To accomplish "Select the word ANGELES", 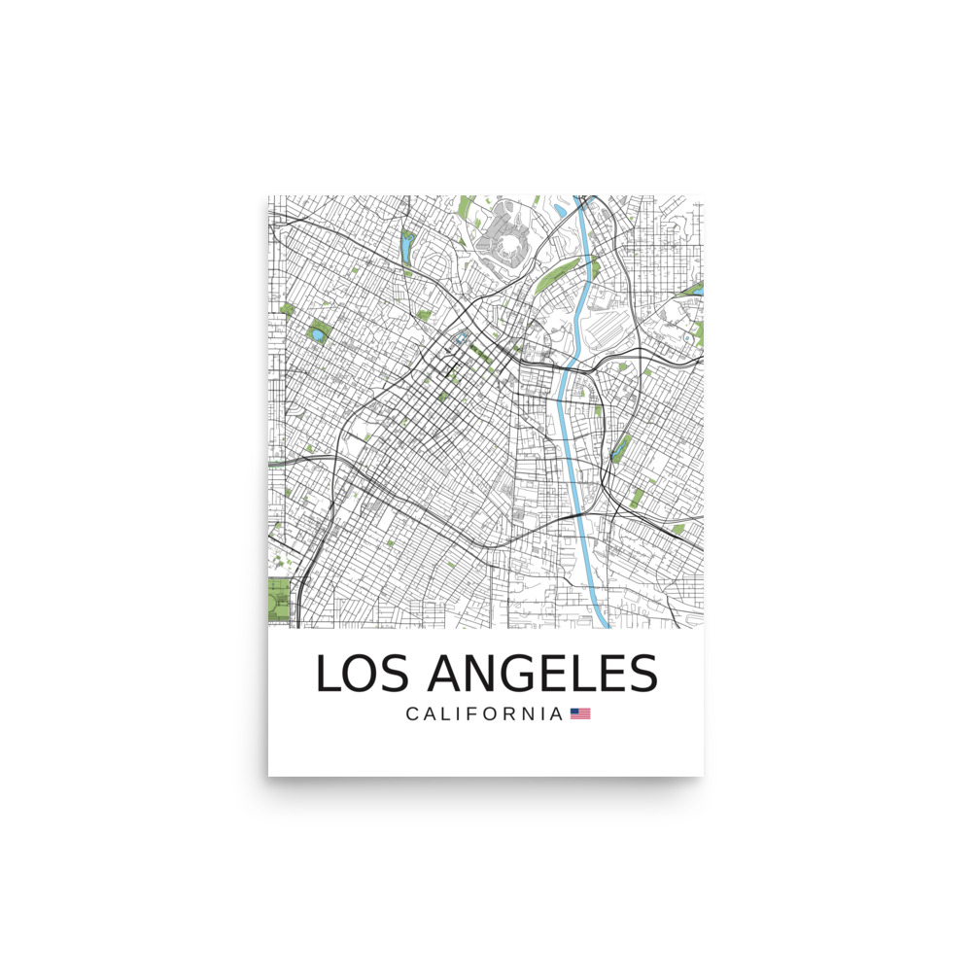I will (x=542, y=674).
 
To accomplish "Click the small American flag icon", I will (x=580, y=713).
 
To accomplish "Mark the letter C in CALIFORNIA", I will (x=412, y=714).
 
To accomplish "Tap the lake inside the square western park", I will (x=318, y=335).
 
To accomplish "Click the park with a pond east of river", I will (x=618, y=448).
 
